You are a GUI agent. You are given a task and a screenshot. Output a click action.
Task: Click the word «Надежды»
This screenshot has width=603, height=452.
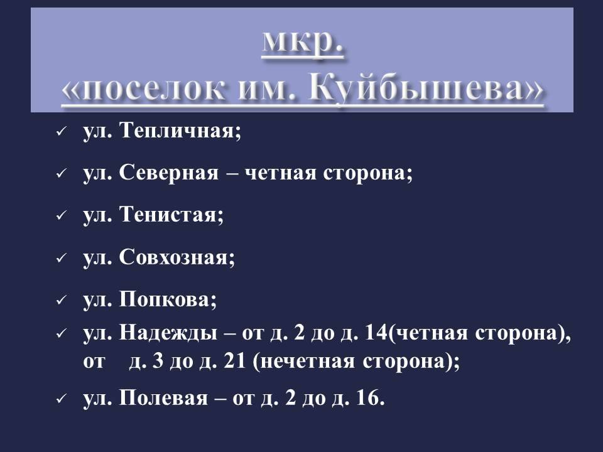[168, 333]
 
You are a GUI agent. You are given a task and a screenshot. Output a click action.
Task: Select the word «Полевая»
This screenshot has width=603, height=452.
[163, 397]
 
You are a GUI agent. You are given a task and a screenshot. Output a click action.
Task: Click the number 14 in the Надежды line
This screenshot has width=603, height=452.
[376, 333]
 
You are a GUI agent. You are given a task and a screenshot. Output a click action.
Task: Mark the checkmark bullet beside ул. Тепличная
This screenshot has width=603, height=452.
[62, 132]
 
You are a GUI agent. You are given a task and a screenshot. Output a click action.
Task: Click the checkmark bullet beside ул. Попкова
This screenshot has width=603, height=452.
[62, 300]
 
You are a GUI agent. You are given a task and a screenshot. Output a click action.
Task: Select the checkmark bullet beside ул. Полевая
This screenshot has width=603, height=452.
[62, 399]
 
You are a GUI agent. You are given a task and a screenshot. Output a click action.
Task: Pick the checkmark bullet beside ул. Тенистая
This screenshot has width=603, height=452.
[62, 215]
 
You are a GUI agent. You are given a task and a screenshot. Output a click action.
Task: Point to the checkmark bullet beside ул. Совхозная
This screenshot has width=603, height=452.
[62, 258]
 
